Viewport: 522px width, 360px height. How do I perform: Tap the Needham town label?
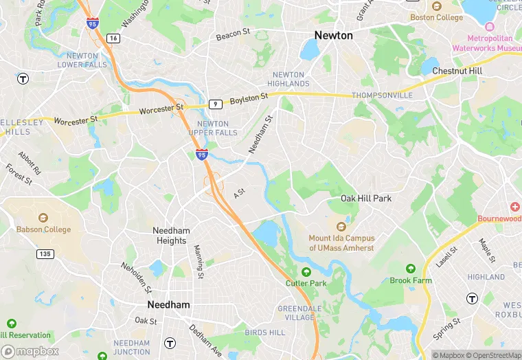[x=168, y=304]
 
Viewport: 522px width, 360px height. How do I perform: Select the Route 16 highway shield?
[x=113, y=38]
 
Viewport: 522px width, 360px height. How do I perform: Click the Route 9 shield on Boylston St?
[x=216, y=104]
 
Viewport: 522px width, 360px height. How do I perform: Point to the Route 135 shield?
[x=45, y=254]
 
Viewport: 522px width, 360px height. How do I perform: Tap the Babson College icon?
[x=44, y=218]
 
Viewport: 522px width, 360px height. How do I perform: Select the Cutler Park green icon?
[x=306, y=271]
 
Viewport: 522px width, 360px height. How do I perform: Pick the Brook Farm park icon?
[x=411, y=269]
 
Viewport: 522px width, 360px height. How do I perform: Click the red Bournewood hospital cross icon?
[x=515, y=207]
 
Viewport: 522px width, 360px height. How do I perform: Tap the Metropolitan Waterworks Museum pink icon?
[x=489, y=27]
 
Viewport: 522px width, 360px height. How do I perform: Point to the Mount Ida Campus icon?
[x=341, y=226]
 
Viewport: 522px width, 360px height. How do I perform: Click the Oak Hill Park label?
[x=366, y=199]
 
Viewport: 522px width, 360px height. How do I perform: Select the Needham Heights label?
[x=171, y=236]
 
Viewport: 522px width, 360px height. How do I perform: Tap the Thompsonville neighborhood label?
[x=382, y=95]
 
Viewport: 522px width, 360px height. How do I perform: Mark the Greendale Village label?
[x=299, y=313]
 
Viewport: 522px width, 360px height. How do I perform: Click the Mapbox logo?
[x=31, y=351]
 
